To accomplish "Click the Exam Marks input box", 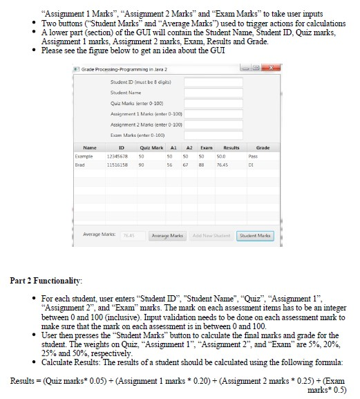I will [214, 135].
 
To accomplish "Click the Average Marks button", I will [170, 236].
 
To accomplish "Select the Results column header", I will [231, 147].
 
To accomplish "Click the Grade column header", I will [263, 147].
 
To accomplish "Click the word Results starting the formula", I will [25, 381].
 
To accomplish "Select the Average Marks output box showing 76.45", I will [131, 236].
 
